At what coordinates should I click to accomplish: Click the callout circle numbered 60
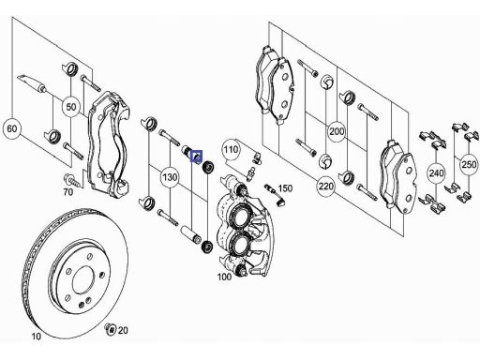pos(12,128)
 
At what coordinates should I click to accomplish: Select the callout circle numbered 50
pos(71,107)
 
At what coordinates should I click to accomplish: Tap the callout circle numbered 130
pos(170,177)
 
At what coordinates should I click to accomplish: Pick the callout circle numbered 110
pos(231,150)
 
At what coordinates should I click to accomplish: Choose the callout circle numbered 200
pos(337,131)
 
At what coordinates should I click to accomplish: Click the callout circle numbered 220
pos(326,187)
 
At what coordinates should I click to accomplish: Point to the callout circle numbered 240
pos(436,172)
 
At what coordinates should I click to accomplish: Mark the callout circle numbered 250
pos(470,164)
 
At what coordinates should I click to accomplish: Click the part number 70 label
pos(68,191)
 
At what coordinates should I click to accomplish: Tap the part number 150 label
pos(285,188)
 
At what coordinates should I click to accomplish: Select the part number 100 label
pos(224,277)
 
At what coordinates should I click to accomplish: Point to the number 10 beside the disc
pos(37,337)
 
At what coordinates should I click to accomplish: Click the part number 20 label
pos(123,330)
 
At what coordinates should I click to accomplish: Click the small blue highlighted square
pos(197,157)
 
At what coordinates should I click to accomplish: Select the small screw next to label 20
pos(110,329)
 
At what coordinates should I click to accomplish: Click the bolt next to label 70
pos(73,181)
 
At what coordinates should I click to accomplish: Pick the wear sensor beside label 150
pos(274,194)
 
